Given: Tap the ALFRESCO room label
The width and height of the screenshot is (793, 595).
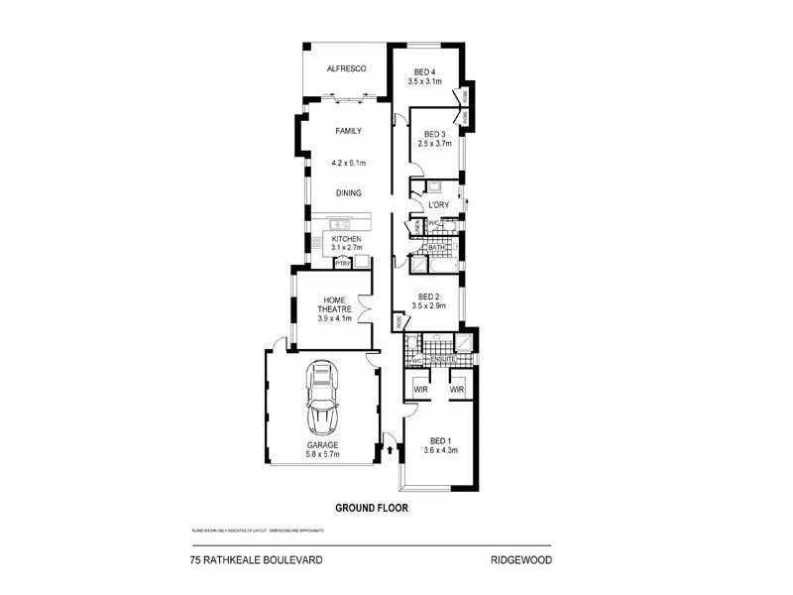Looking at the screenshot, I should tap(348, 68).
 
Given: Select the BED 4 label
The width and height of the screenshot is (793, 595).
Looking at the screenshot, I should tap(425, 71).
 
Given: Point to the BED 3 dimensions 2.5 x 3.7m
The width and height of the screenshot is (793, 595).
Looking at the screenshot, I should tap(434, 144).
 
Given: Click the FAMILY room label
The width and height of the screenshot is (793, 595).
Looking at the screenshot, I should tap(348, 131).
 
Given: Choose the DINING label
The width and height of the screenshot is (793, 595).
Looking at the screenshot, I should tap(348, 193).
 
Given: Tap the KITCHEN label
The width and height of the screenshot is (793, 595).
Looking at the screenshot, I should tap(346, 240).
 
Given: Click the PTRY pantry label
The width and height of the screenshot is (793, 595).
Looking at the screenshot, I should tap(343, 264).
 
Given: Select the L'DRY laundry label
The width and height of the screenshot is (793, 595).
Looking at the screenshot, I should tap(439, 205).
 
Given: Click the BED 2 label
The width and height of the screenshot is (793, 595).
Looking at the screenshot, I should tap(429, 297).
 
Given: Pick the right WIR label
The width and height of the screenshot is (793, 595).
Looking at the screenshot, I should tap(457, 390).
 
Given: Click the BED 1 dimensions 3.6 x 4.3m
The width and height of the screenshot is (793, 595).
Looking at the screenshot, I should tap(438, 450).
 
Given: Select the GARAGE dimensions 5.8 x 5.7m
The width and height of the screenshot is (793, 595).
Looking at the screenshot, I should tap(323, 455).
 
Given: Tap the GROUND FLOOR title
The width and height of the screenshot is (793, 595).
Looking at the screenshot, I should tap(372, 507).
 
